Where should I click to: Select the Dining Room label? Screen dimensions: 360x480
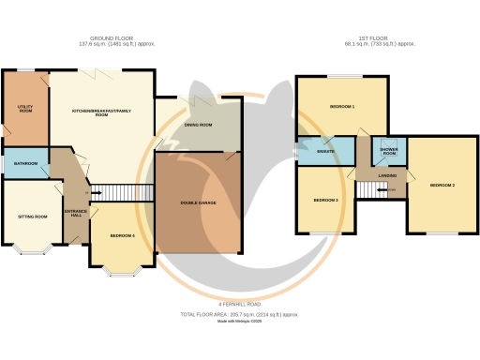pos(198,125)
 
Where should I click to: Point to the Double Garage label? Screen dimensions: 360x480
pos(199,202)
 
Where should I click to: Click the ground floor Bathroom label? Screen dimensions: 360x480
pos(25,164)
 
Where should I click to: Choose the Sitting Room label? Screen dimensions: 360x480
pos(33,217)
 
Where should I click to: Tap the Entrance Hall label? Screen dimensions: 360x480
pos(72,215)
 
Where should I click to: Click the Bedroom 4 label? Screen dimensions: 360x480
pos(122,235)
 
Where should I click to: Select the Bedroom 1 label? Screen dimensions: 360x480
pos(341,107)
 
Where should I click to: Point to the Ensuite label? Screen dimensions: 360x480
pos(325,151)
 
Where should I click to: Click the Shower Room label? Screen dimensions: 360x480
pos(390,151)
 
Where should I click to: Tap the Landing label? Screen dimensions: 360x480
pos(385,175)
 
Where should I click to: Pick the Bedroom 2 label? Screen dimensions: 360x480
pos(442,186)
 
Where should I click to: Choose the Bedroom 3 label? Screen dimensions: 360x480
pos(325,201)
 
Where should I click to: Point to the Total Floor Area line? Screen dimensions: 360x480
pos(240,313)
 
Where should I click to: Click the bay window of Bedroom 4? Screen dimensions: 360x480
pos(122,272)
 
